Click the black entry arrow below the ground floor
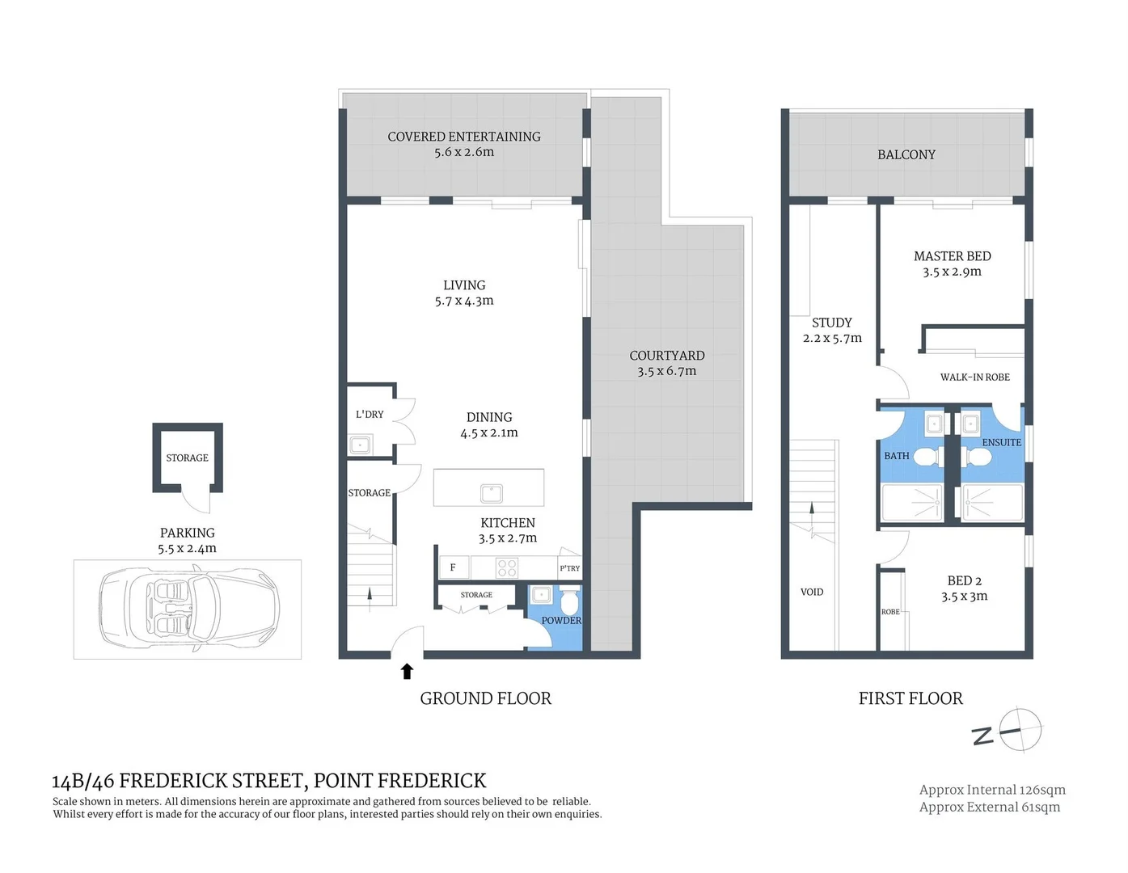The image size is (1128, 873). pos(408,671)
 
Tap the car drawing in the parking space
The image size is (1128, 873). pos(188,609)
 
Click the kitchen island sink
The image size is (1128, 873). pos(491,493)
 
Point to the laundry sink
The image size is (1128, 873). pos(360,445)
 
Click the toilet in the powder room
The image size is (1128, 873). pos(569,602)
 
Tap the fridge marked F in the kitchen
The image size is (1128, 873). pos(453,567)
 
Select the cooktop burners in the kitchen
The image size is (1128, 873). pos(507,567)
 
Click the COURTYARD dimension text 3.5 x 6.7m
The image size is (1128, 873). pos(666,371)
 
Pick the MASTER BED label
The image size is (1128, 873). pos(952,256)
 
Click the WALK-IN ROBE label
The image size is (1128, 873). pos(974,377)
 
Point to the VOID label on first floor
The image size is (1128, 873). pos(812,592)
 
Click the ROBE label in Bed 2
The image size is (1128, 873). pos(890,612)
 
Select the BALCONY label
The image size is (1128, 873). pos(906,154)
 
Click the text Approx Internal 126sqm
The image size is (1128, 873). pos(992,790)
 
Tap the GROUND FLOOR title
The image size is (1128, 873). pos(485,698)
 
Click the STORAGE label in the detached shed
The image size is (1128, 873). pos(187,458)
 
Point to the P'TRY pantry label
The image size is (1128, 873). pos(569,568)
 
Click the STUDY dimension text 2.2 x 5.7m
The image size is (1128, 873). pos(832,338)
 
